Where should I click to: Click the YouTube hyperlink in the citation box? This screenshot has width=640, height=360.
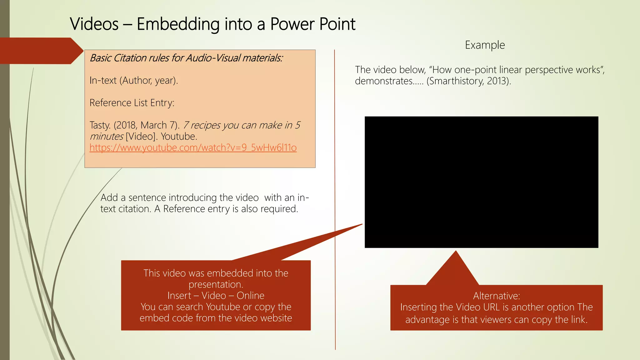[193, 147]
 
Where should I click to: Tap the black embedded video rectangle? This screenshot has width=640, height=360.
[481, 182]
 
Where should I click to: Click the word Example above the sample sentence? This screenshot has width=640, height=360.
[485, 45]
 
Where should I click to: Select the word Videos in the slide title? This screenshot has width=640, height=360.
[94, 24]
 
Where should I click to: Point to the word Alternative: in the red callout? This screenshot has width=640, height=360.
[496, 296]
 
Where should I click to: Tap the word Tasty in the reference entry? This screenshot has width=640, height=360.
[100, 125]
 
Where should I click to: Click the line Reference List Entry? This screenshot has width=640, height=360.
[132, 103]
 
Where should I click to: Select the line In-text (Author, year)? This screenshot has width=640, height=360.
[134, 80]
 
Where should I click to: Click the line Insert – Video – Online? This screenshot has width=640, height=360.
[216, 296]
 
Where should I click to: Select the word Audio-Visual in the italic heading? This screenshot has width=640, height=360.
[213, 58]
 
